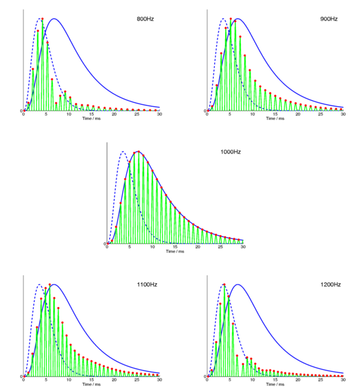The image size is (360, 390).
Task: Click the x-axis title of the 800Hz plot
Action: tap(91, 119)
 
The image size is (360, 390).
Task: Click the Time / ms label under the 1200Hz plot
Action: tap(275, 385)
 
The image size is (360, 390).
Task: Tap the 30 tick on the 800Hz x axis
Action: tap(159, 115)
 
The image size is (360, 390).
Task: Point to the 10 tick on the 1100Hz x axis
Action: tap(69, 380)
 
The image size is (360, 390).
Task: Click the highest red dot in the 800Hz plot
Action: tap(42, 19)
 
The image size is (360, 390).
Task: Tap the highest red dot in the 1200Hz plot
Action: tap(225, 285)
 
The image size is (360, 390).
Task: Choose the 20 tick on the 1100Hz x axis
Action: tap(114, 380)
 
